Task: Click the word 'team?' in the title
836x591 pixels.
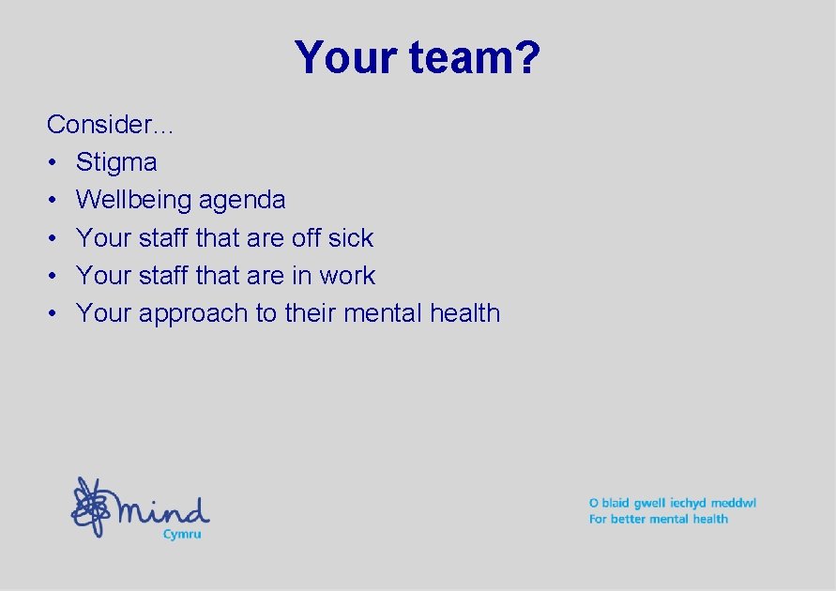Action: tap(474, 58)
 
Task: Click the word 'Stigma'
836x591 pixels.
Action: tap(116, 162)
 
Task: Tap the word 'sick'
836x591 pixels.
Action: tap(351, 238)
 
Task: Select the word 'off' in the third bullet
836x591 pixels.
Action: tap(306, 238)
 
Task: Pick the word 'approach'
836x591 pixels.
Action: tap(193, 313)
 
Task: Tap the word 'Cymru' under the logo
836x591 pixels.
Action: tap(182, 534)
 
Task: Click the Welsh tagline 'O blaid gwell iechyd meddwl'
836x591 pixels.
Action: tap(672, 503)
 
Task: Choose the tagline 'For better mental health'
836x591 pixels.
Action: tap(658, 519)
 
